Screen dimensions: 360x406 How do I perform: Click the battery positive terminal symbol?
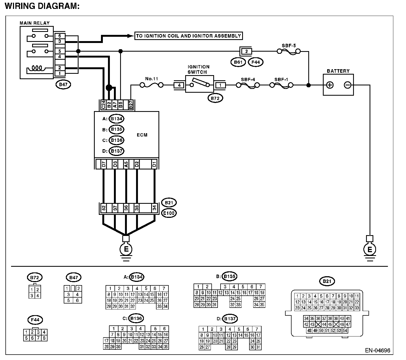tap(330, 85)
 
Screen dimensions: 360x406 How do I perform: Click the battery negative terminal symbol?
tap(347, 85)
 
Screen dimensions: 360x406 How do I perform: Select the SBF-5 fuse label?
tap(289, 46)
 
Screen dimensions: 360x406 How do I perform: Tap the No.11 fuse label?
tap(151, 79)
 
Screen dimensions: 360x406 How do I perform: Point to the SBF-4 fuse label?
tap(248, 79)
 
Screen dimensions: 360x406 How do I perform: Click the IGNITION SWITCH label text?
tap(198, 69)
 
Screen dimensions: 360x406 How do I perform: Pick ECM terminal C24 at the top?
tap(103, 105)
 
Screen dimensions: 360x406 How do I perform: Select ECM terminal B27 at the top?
tap(131, 105)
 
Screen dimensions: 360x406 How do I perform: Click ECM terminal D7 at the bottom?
tap(104, 164)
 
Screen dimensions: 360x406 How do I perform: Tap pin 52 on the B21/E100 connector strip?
tap(103, 208)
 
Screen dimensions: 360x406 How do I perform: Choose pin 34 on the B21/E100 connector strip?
tap(154, 208)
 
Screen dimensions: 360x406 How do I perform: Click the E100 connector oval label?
tap(169, 213)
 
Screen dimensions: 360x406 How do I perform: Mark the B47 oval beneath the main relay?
tap(63, 84)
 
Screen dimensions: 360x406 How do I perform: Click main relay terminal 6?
tap(60, 36)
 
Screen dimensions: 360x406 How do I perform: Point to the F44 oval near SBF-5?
tap(255, 62)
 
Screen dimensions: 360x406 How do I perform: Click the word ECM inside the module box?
tap(142, 135)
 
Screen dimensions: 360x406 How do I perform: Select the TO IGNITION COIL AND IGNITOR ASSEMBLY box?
tap(188, 36)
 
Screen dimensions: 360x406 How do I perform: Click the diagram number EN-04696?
tap(378, 351)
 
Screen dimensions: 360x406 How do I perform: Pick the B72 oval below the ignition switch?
tap(215, 98)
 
